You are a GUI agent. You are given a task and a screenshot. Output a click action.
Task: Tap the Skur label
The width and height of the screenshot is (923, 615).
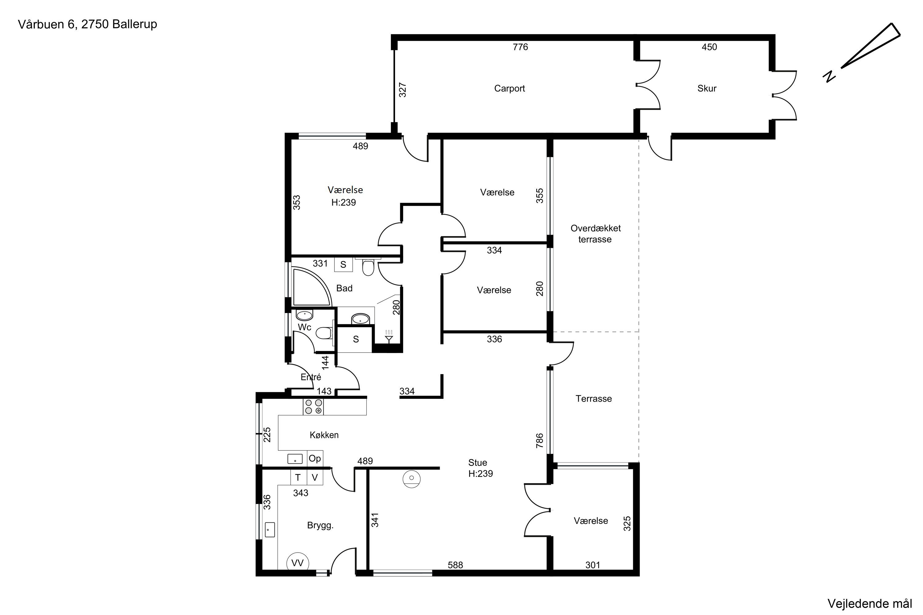[706, 88]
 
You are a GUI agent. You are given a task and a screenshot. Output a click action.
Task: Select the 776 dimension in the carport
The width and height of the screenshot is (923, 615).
[520, 47]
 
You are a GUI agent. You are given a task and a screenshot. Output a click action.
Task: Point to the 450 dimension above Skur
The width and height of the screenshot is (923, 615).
[709, 47]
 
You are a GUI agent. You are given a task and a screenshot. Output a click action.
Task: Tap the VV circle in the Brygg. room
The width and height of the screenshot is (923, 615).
[298, 563]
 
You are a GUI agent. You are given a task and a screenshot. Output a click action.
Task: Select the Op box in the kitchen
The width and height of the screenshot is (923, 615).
[315, 458]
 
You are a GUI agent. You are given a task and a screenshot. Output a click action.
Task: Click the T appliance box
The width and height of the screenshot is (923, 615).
[298, 477]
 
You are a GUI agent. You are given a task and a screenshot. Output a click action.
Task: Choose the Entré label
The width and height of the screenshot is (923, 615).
[310, 377]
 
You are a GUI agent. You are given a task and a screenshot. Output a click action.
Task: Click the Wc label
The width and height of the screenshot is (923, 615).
[304, 327]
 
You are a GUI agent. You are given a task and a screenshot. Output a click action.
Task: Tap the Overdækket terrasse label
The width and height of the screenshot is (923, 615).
[595, 233]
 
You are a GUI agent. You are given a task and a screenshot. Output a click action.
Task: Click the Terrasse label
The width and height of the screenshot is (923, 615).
[593, 399]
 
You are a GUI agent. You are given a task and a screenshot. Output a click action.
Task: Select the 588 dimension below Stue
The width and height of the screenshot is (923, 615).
[455, 565]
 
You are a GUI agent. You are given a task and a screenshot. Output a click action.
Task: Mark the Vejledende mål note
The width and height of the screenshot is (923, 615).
[869, 603]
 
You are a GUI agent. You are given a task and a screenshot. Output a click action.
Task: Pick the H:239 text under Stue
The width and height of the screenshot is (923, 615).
[480, 474]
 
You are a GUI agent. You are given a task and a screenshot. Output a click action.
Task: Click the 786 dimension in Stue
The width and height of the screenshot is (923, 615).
[540, 440]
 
